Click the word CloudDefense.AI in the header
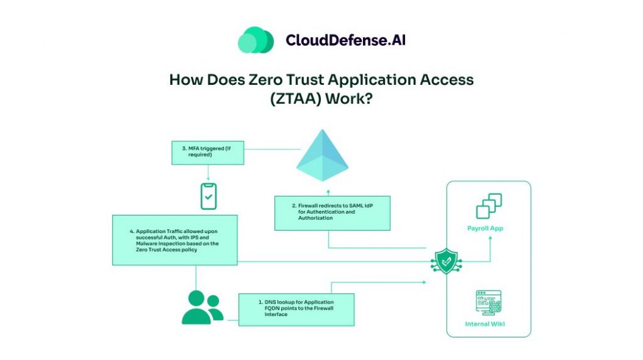click(x=345, y=40)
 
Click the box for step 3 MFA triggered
click(x=208, y=153)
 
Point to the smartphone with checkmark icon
click(x=207, y=196)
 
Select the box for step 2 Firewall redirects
click(x=332, y=213)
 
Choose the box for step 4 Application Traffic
click(x=175, y=239)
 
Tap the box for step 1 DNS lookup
click(x=296, y=308)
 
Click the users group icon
click(x=202, y=307)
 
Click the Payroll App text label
click(x=485, y=228)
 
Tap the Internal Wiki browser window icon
click(x=489, y=303)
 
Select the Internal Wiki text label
click(x=485, y=324)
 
